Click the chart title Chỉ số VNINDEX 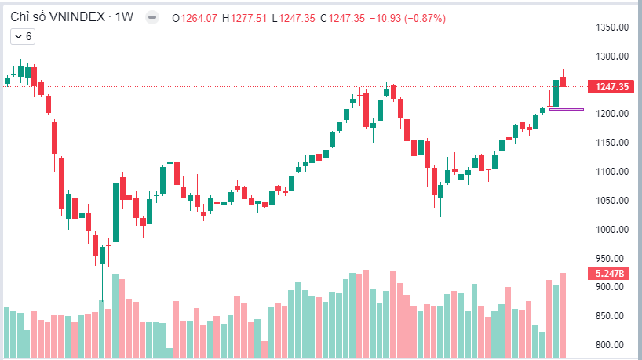coord(57,17)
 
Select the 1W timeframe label coord(125,17)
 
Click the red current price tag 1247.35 coord(612,87)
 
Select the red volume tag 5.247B coord(611,274)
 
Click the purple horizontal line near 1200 coord(567,109)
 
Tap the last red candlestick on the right coord(563,81)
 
